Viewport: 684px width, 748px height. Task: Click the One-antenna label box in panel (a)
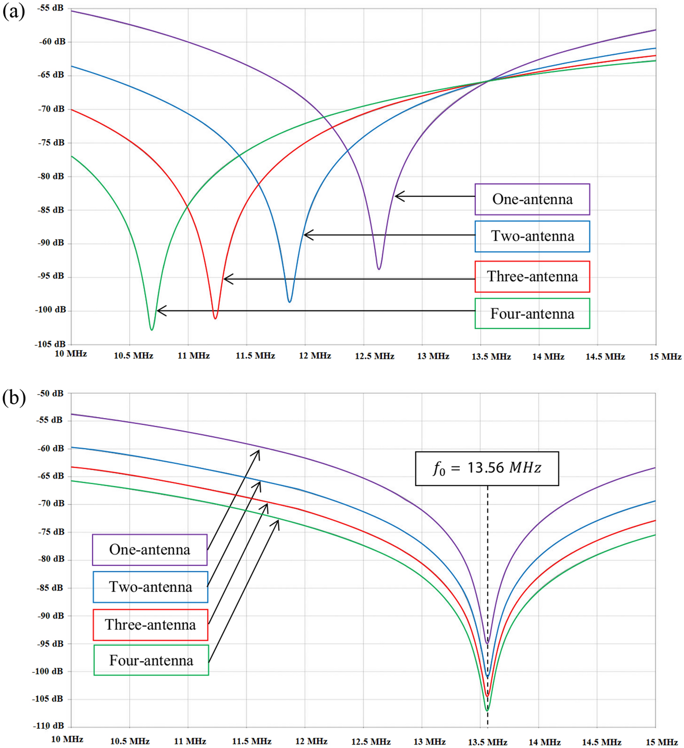tap(532, 199)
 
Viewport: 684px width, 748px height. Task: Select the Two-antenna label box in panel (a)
tap(532, 236)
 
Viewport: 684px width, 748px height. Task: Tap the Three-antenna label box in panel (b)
tap(150, 625)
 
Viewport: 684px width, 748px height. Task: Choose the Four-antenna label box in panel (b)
tap(151, 660)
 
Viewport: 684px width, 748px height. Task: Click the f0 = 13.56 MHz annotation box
tap(487, 468)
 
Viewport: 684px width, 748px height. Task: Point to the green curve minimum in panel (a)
tap(152, 329)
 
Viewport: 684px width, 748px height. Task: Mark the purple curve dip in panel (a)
tap(379, 269)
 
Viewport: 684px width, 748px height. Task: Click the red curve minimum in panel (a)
tap(215, 318)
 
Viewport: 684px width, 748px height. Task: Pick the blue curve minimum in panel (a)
tap(290, 301)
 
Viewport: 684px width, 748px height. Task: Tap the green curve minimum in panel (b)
tap(487, 710)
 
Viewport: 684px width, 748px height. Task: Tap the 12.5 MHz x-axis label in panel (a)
tap(374, 356)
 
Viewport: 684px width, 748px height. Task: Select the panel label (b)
tap(13, 398)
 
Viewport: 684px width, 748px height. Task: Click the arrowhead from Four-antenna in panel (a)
tap(159, 311)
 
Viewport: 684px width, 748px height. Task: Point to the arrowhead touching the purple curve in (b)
tap(258, 451)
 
